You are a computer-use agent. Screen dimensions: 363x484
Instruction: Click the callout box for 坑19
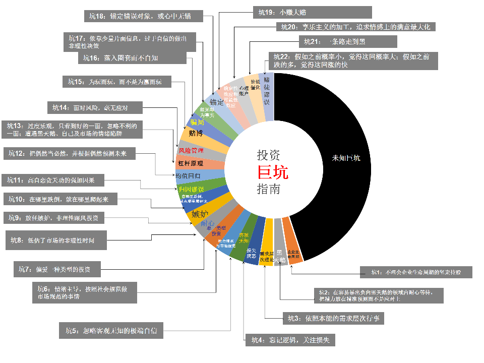(312, 13)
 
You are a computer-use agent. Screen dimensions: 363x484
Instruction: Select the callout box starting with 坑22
(352, 60)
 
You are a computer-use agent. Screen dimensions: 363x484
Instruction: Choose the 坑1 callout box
(416, 272)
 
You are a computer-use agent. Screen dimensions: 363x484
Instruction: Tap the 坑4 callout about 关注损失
(290, 340)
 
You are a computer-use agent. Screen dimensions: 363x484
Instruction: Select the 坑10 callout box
(60, 200)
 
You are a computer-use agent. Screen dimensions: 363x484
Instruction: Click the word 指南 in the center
(269, 190)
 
